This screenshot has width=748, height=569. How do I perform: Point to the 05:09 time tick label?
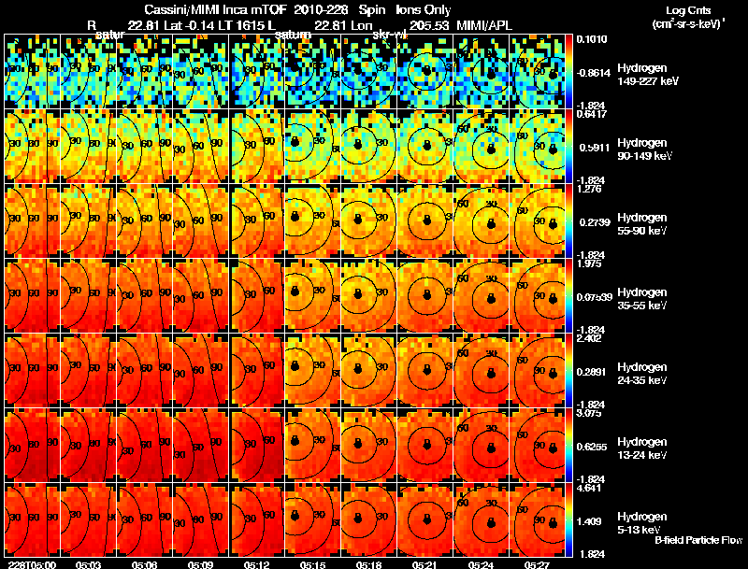[x=199, y=563]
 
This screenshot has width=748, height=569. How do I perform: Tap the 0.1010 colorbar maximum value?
[x=591, y=39]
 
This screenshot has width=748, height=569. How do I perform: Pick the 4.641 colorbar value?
[x=591, y=488]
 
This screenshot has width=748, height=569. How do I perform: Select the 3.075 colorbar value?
[x=591, y=413]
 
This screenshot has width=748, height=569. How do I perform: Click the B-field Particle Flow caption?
[x=698, y=540]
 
